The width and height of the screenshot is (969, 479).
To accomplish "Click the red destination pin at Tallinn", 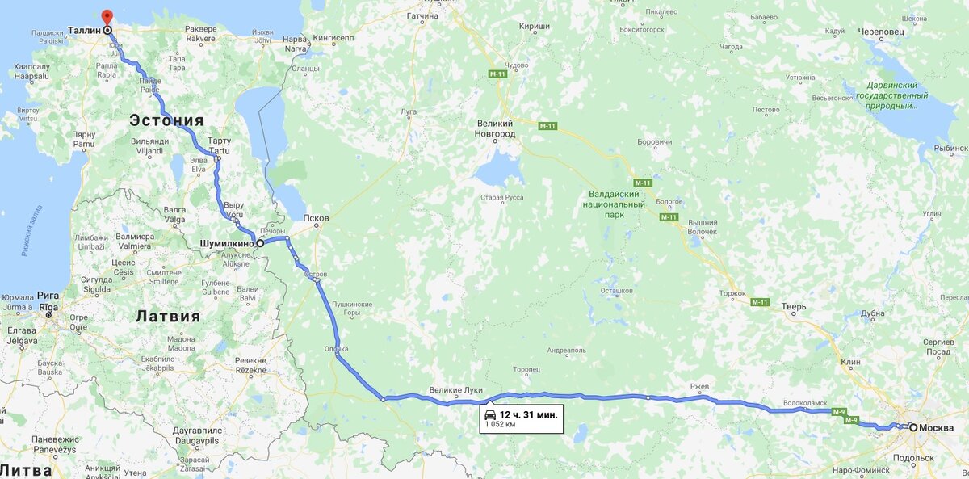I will click(107, 16).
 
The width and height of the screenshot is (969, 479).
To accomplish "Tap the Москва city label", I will click(936, 427).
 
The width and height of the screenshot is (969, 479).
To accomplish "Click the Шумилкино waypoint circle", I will click(260, 242).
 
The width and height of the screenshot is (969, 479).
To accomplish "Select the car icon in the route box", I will click(489, 414).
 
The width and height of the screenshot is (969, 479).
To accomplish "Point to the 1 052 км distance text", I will click(500, 424).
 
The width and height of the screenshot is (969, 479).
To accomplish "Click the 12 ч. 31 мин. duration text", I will click(528, 414).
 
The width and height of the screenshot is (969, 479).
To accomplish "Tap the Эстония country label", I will click(166, 121).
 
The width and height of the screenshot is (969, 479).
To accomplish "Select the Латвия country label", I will click(168, 316).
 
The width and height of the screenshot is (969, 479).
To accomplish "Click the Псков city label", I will click(317, 218).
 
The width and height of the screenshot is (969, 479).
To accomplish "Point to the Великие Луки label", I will click(456, 389).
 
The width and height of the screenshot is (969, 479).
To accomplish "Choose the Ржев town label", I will click(699, 387).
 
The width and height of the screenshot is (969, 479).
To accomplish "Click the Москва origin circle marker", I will click(912, 427).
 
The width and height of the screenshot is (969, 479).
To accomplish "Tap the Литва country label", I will click(26, 470).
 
